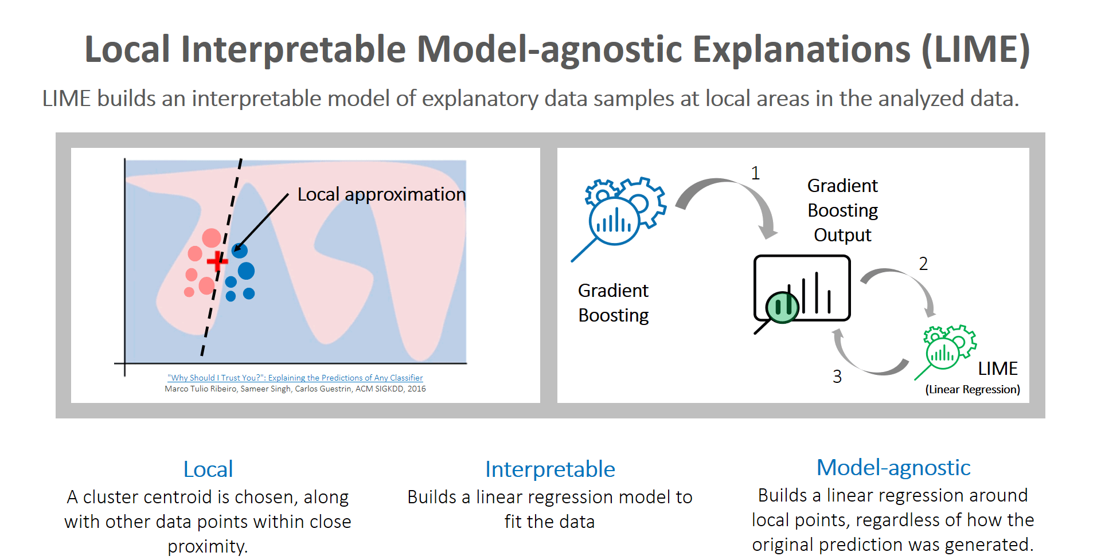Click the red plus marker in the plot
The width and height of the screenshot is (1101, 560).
pyautogui.click(x=217, y=261)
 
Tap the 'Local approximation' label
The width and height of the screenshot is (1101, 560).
pyautogui.click(x=381, y=194)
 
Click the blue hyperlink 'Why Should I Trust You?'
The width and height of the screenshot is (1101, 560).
pyautogui.click(x=295, y=378)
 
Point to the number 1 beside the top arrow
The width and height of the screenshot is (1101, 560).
pyautogui.click(x=755, y=173)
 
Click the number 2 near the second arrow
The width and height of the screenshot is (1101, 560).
pyautogui.click(x=923, y=264)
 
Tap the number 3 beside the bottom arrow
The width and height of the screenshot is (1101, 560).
pyautogui.click(x=837, y=377)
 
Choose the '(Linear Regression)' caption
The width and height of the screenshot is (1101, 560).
pyautogui.click(x=973, y=390)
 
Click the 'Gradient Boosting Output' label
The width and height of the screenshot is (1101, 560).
pyautogui.click(x=842, y=210)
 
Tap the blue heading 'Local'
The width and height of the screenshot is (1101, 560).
pyautogui.click(x=208, y=469)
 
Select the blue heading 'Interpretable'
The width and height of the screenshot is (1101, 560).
pyautogui.click(x=550, y=469)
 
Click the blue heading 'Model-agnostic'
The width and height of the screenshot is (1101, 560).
pyautogui.click(x=893, y=468)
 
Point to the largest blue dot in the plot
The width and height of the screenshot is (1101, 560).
pyautogui.click(x=246, y=271)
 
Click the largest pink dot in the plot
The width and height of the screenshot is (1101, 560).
pyautogui.click(x=212, y=237)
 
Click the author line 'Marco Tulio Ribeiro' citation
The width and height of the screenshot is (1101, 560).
pyautogui.click(x=295, y=389)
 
